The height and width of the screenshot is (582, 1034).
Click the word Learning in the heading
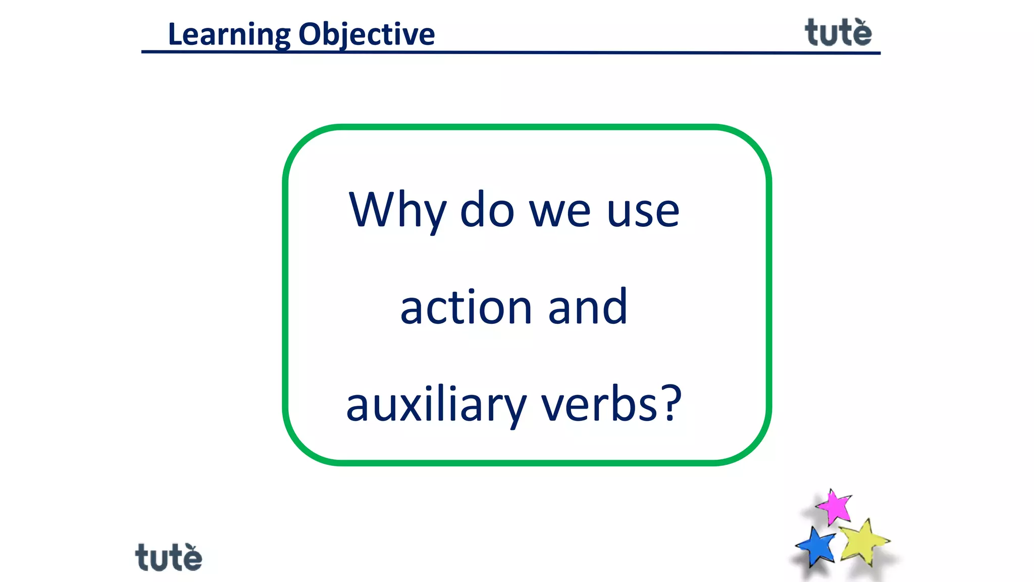pos(229,34)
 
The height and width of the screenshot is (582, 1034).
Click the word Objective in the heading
pos(367,34)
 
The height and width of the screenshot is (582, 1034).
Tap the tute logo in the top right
pos(838,33)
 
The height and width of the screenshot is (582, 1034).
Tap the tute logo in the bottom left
pos(169,558)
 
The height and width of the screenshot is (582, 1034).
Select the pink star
pos(834,507)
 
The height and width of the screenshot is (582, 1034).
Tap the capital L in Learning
pos(175,34)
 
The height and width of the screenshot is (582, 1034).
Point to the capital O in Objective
pos(309,34)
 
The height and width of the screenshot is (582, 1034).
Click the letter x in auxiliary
pos(411,407)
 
